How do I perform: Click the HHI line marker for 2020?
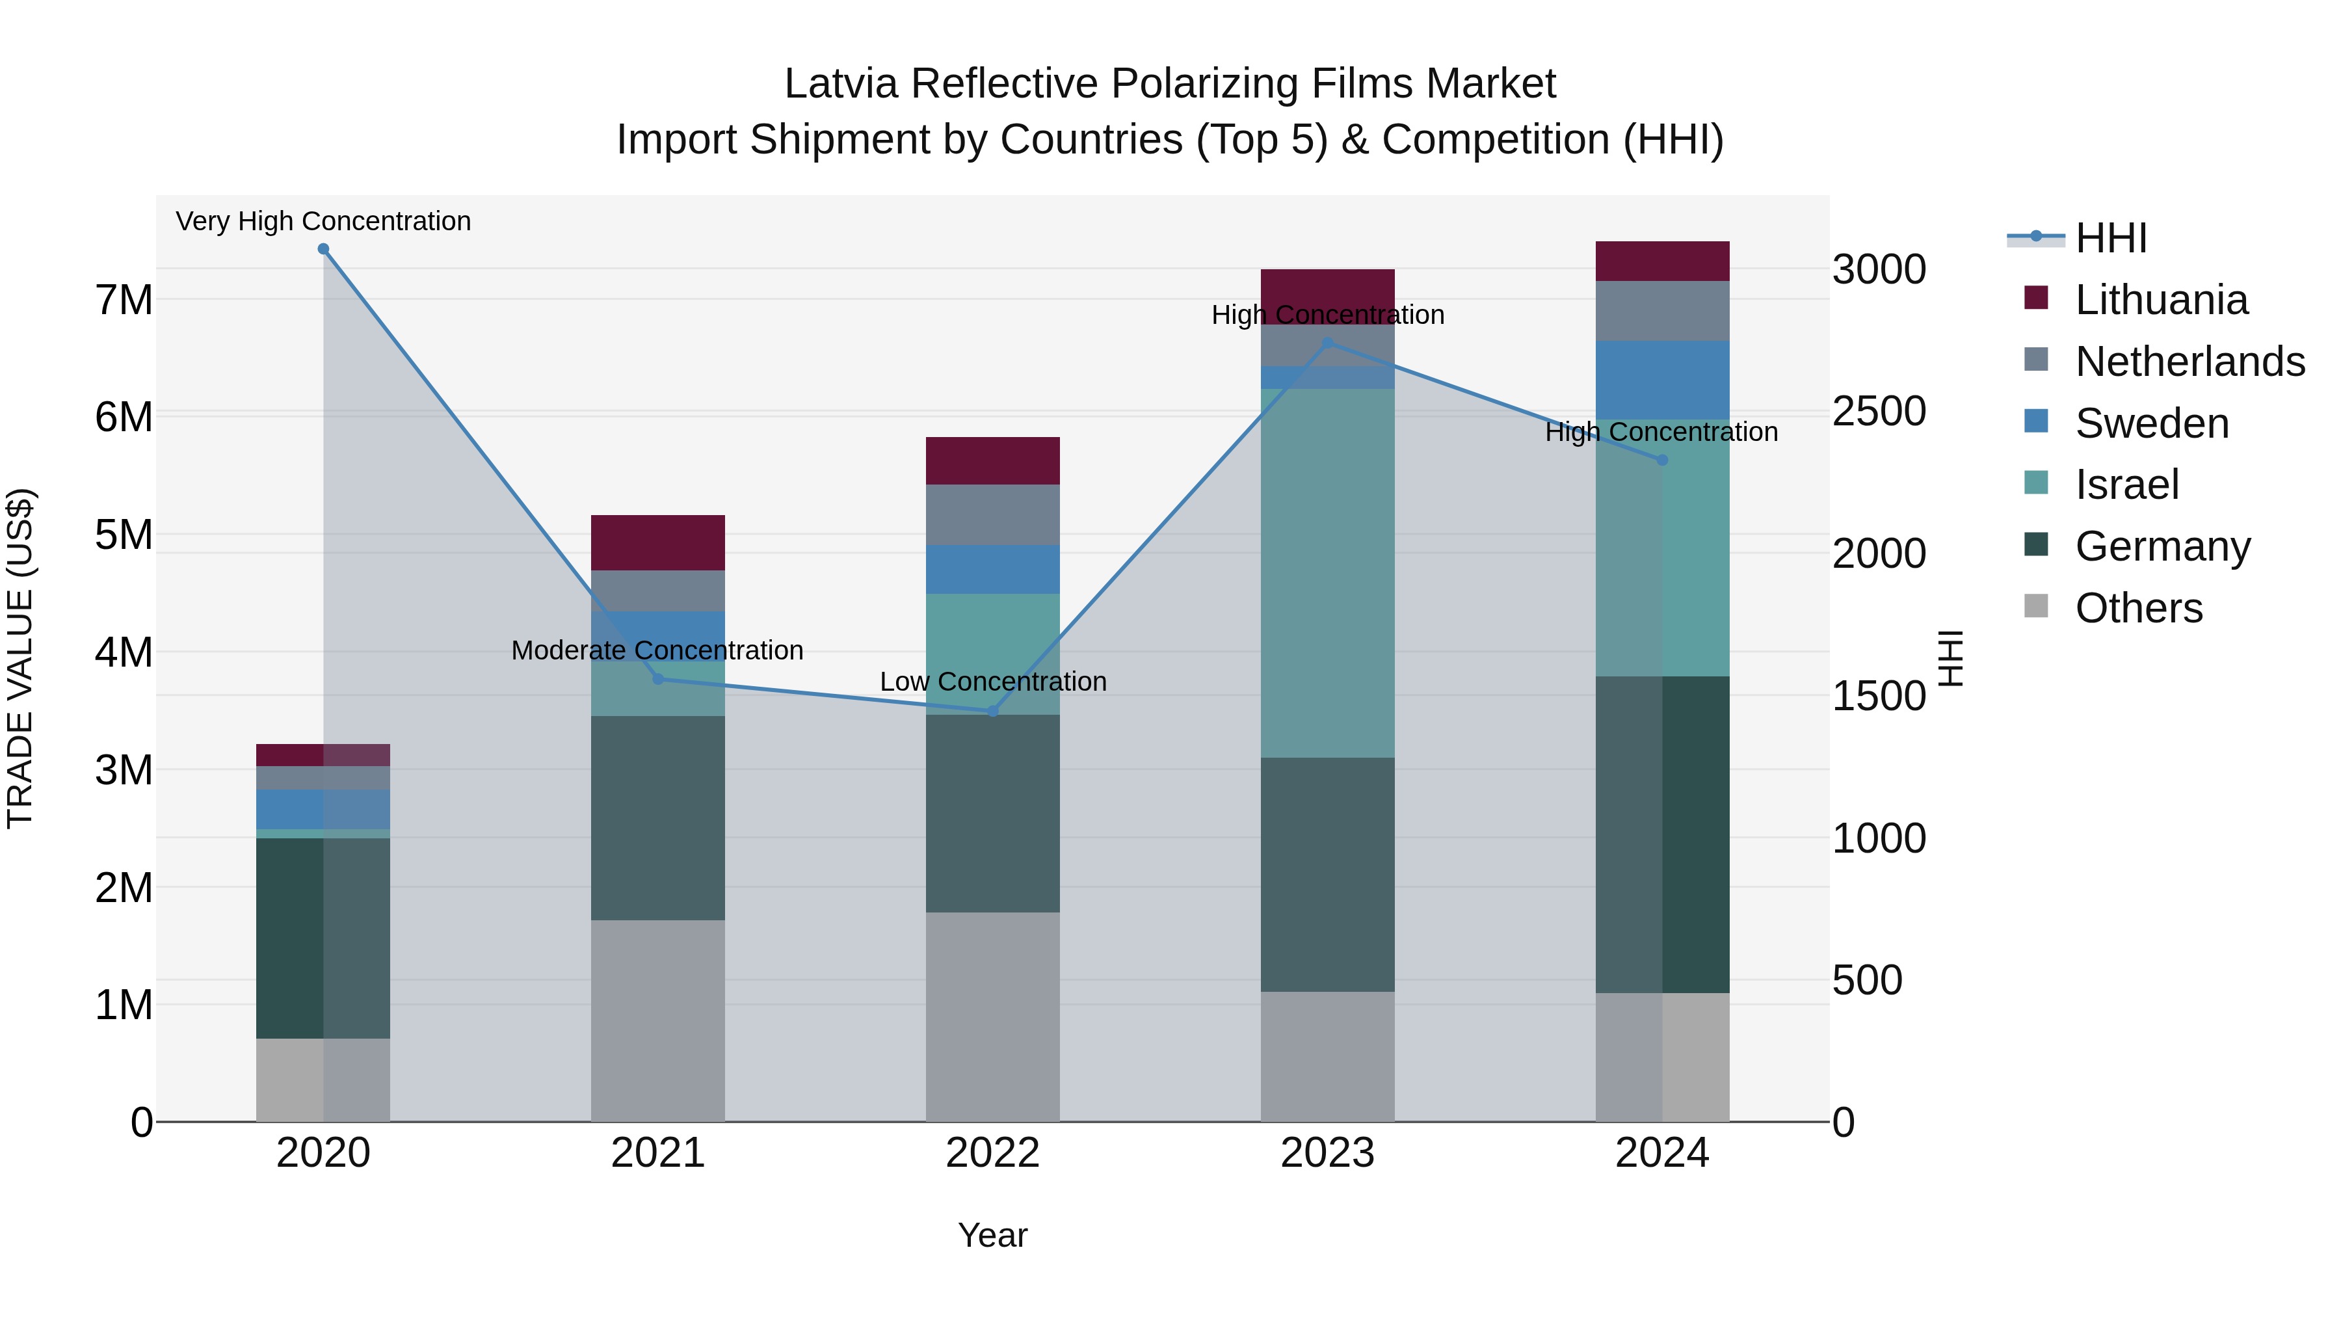[324, 249]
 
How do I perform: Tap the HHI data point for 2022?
[992, 711]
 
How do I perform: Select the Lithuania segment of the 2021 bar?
[658, 542]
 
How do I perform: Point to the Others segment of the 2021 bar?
[658, 1020]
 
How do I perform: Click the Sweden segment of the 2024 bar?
[1662, 380]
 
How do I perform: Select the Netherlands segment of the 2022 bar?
[992, 514]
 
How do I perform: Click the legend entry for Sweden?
[2150, 423]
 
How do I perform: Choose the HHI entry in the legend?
[2110, 238]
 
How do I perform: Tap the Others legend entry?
[2137, 608]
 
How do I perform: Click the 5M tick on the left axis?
[124, 535]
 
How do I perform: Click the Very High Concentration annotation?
[324, 221]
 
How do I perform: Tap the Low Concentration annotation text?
[992, 682]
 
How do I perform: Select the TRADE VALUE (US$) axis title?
[20, 658]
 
